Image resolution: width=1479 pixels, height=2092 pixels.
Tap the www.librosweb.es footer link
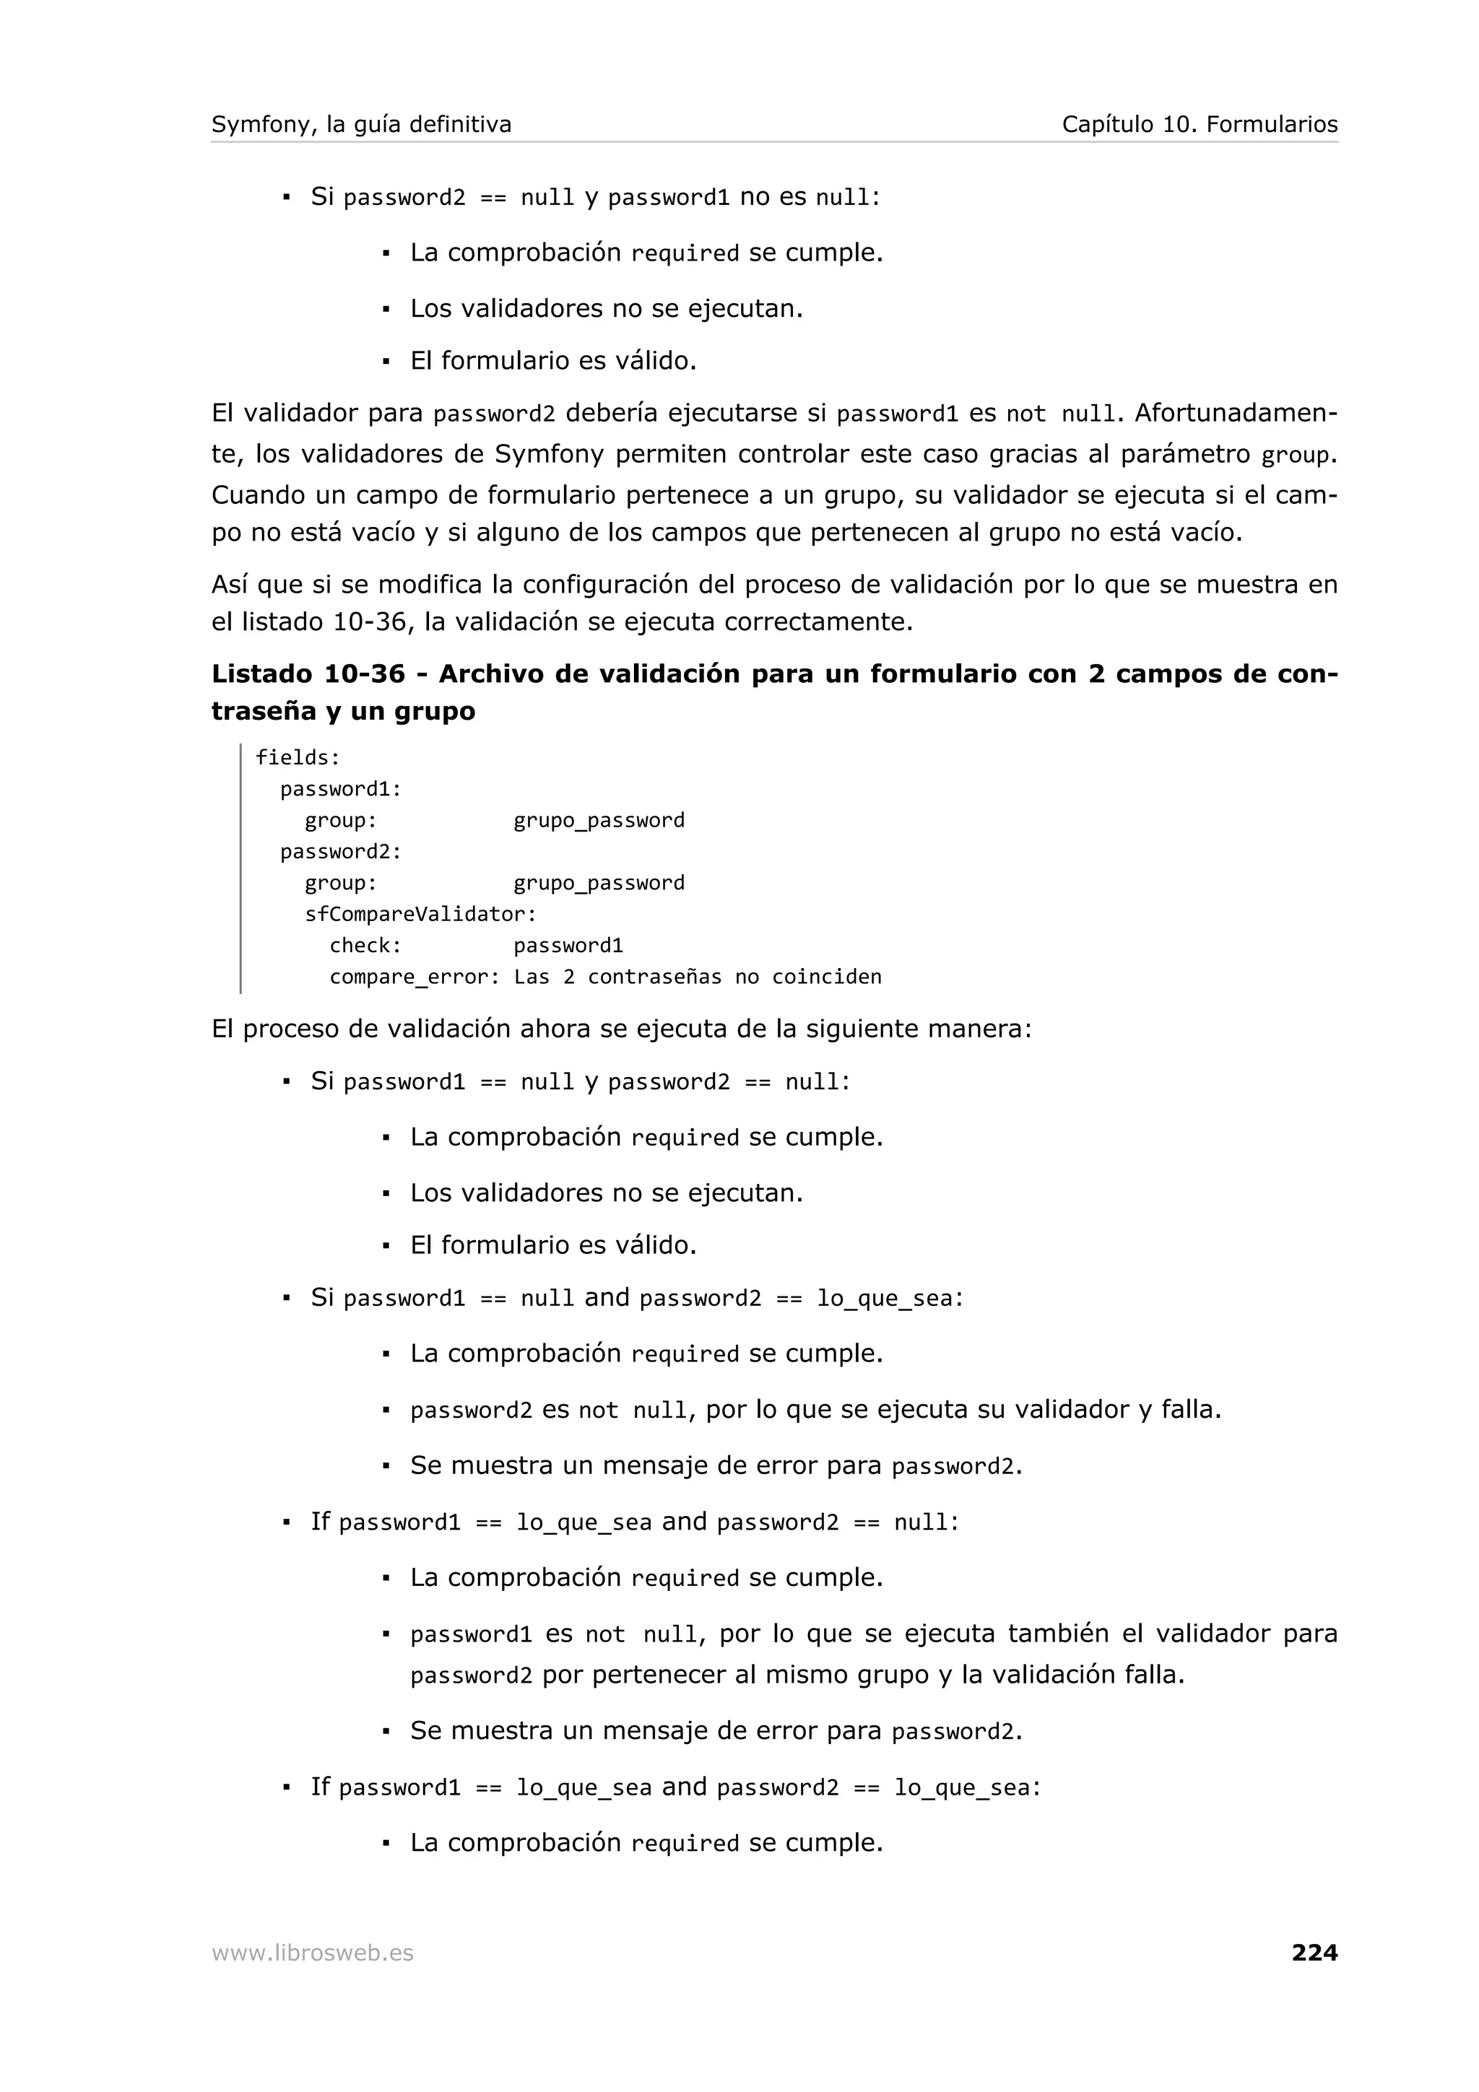click(312, 1953)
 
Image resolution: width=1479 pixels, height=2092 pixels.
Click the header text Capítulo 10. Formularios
click(1200, 124)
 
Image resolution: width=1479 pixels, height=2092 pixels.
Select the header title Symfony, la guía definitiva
click(361, 124)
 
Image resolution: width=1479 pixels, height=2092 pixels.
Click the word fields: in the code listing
click(297, 757)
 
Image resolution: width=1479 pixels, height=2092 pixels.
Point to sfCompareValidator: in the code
click(420, 914)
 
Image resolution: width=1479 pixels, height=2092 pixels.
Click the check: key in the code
click(365, 946)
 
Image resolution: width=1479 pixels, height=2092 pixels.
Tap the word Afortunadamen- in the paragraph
click(1236, 413)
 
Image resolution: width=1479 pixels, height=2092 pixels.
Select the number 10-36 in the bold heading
click(363, 674)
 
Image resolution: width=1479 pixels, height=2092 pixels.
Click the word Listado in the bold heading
click(261, 674)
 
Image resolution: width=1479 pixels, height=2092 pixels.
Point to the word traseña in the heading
click(264, 712)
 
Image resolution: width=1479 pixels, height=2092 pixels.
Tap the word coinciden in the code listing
click(827, 977)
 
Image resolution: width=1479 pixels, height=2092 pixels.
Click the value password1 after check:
click(568, 946)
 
